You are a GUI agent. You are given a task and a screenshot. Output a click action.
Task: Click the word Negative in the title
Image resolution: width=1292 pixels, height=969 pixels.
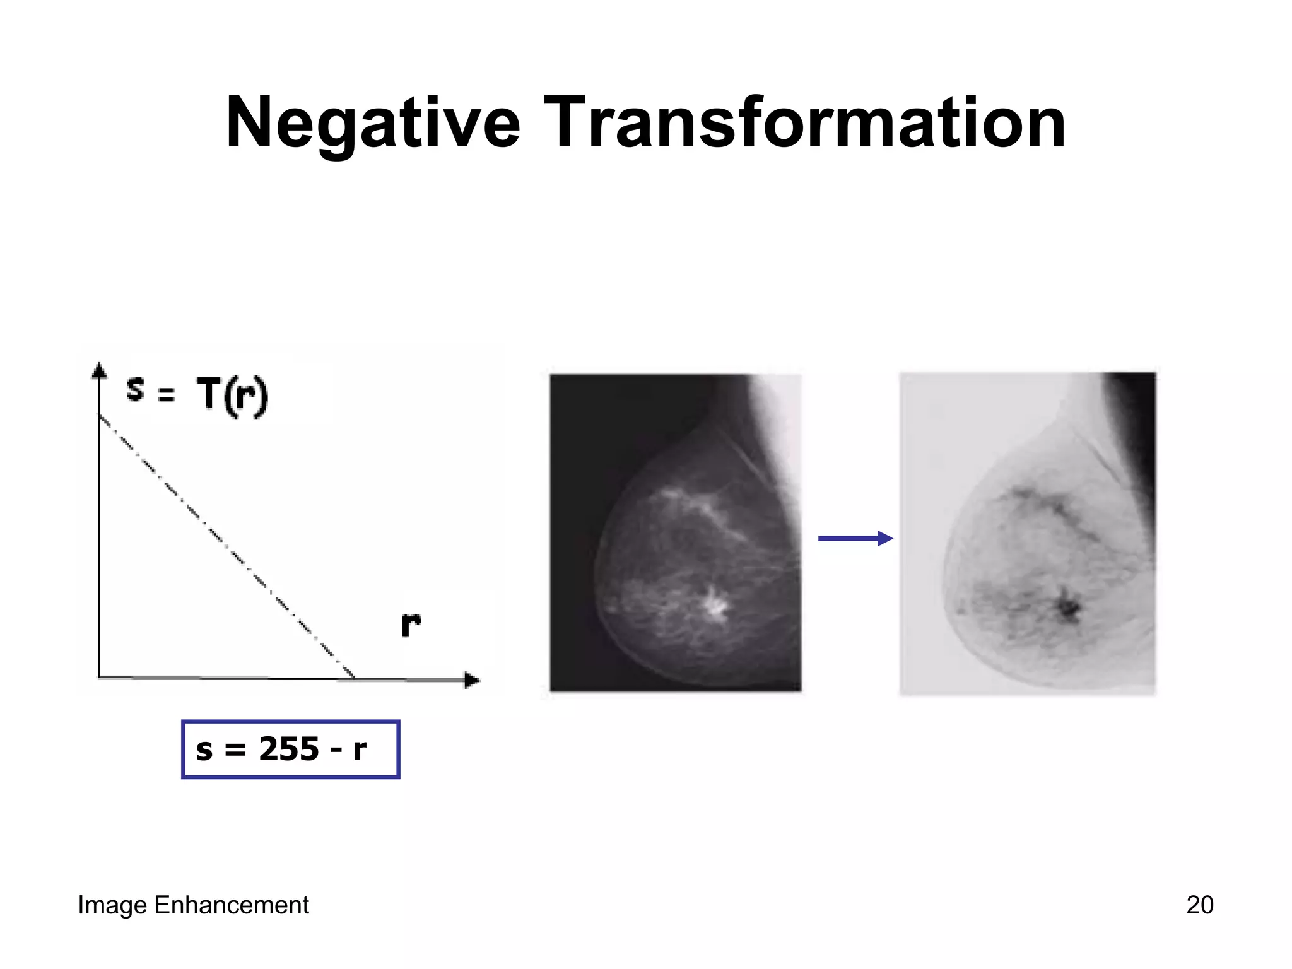click(x=373, y=123)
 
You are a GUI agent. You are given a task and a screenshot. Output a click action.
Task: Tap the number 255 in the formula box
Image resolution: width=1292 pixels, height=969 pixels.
click(x=289, y=749)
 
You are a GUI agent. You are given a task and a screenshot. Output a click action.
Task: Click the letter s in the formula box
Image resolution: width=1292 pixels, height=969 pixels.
click(x=204, y=750)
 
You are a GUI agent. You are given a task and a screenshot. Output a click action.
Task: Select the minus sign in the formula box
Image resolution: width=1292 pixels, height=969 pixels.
click(x=336, y=751)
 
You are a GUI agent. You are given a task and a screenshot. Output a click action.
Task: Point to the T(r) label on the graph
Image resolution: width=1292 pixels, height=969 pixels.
click(x=232, y=396)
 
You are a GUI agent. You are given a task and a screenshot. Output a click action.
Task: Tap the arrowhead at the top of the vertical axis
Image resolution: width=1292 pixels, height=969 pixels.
click(x=99, y=370)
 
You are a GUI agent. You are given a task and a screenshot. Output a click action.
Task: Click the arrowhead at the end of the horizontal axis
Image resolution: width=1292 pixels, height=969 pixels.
click(x=472, y=680)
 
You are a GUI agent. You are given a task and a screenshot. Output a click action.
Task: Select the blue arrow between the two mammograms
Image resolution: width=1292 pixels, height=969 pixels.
click(x=855, y=538)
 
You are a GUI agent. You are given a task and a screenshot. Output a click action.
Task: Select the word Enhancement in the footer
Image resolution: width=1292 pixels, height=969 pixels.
click(x=232, y=905)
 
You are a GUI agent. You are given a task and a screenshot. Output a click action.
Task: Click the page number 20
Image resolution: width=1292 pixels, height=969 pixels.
click(x=1199, y=905)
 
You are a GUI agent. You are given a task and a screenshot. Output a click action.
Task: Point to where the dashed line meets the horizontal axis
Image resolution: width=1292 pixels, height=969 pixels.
click(x=353, y=678)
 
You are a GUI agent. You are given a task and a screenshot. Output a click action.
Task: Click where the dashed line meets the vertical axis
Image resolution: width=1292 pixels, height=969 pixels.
click(x=100, y=416)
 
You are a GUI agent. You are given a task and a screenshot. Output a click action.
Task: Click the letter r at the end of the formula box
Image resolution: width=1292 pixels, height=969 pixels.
click(x=360, y=750)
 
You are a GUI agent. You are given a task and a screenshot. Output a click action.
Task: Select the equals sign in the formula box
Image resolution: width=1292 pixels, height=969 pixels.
click(x=235, y=751)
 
